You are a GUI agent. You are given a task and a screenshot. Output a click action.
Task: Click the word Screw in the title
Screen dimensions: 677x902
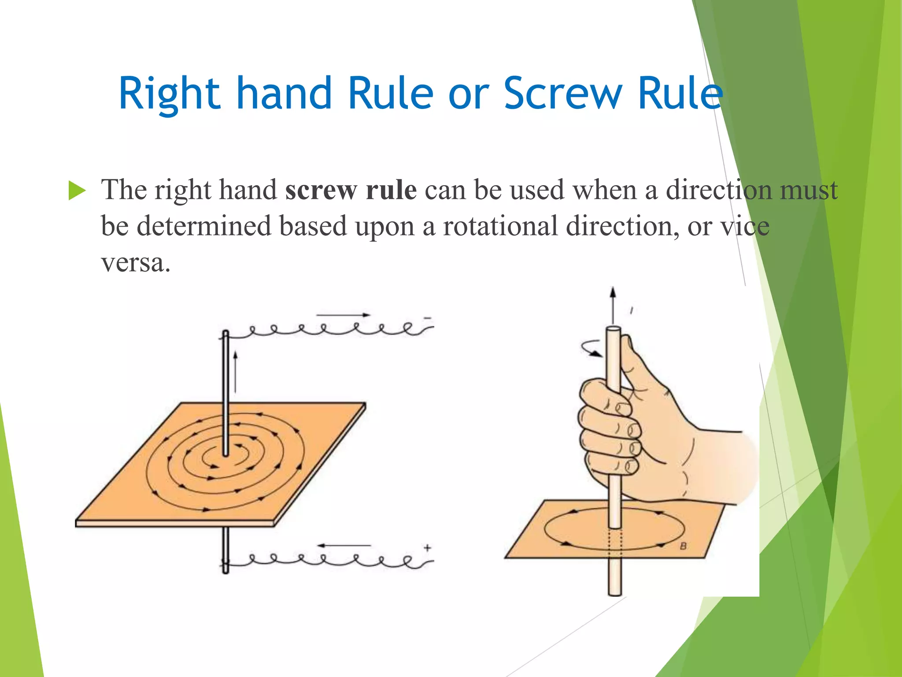[x=562, y=93]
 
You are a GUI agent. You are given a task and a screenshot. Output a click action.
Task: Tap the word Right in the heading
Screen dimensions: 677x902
[x=170, y=93]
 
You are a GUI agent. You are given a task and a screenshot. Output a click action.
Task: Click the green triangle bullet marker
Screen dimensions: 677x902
[x=77, y=191]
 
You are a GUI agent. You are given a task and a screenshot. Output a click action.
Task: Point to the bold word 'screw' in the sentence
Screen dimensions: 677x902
[x=321, y=191]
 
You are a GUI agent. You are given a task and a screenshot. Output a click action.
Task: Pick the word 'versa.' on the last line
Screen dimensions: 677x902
[x=136, y=263]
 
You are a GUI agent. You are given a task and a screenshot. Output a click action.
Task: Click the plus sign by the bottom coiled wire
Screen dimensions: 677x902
[x=427, y=548]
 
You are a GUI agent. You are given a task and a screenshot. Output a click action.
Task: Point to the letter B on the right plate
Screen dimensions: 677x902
[x=683, y=546]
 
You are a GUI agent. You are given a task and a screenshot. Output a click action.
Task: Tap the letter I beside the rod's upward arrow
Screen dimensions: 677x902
[x=632, y=310]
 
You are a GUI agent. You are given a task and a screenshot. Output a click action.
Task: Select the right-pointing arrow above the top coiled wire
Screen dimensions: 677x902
[x=343, y=315]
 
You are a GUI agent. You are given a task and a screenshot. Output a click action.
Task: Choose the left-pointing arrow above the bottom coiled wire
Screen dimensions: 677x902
[x=344, y=546]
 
